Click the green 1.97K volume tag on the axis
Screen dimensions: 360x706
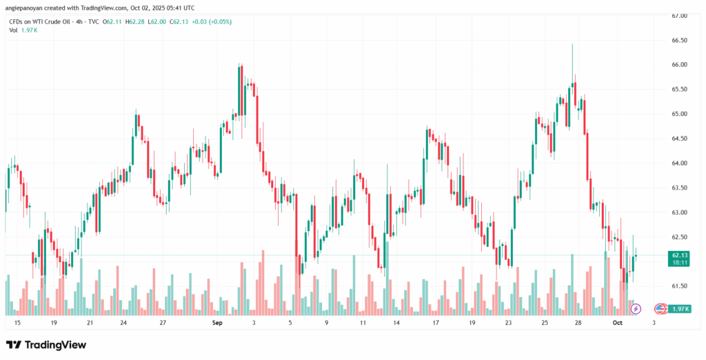[x=680, y=308]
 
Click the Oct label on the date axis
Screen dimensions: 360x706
[x=618, y=323]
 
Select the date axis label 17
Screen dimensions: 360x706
[x=436, y=323]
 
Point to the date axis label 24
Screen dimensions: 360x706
[x=123, y=323]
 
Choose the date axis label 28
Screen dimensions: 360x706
[x=579, y=323]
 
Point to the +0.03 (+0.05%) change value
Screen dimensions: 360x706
[x=211, y=22]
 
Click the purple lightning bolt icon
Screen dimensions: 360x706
[x=636, y=308]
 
